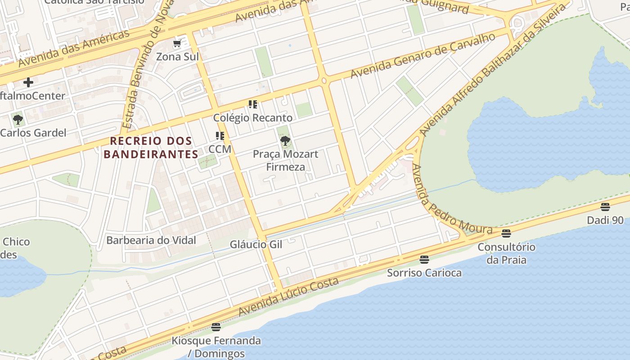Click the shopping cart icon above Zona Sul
(x=177, y=44)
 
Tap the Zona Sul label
(x=177, y=57)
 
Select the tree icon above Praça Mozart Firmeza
(x=285, y=141)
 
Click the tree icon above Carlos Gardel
(x=18, y=120)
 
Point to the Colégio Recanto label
(x=252, y=118)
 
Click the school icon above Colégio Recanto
(x=253, y=104)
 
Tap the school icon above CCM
(x=220, y=135)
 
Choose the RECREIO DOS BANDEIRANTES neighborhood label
(x=151, y=148)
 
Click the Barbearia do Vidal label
(x=151, y=240)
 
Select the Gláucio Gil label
(x=256, y=244)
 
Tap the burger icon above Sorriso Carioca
(x=424, y=259)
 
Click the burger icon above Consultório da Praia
(x=506, y=233)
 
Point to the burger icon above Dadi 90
(x=605, y=207)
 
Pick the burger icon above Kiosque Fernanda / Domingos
(x=216, y=327)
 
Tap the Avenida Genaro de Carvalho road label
(x=423, y=55)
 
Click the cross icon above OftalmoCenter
(x=28, y=82)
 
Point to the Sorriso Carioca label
(x=424, y=273)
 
